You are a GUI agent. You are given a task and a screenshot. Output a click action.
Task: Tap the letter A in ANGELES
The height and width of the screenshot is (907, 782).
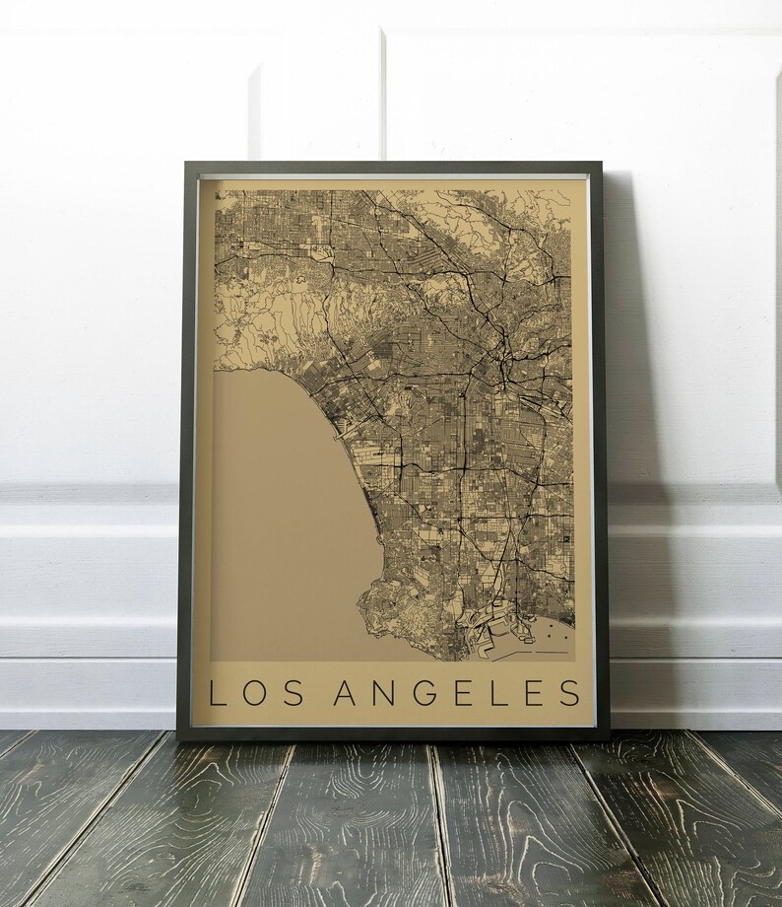[x=347, y=692]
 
